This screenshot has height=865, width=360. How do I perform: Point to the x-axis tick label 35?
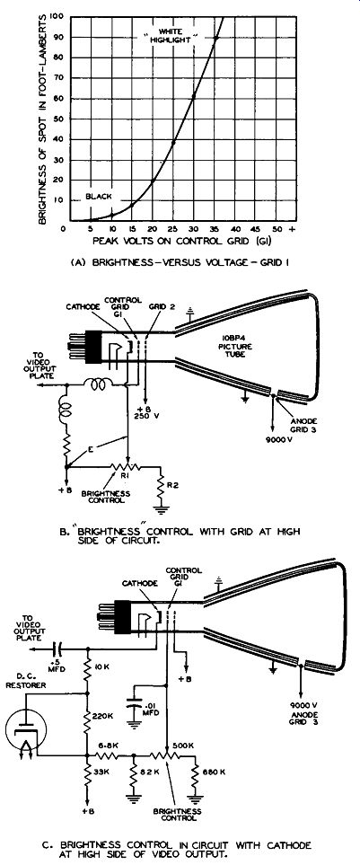(215, 228)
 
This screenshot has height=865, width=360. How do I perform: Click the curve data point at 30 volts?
(194, 98)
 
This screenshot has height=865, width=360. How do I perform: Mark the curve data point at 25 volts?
(173, 143)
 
